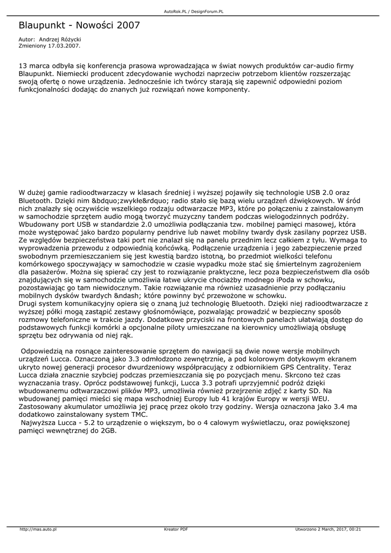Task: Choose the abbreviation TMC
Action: pos(138,414)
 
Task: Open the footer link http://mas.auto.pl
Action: pos(38,529)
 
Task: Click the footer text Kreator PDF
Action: pos(176,529)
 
